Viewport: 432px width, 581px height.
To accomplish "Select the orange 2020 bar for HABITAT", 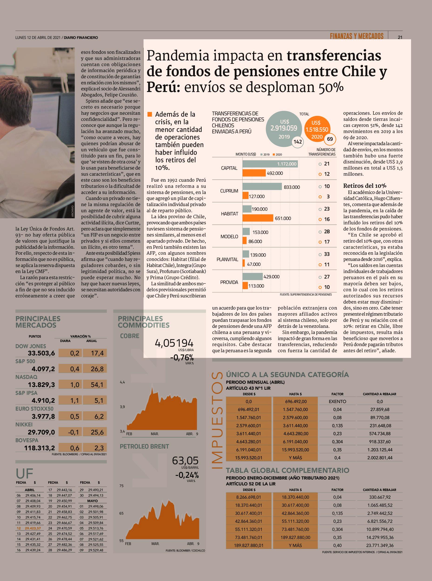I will click(258, 218).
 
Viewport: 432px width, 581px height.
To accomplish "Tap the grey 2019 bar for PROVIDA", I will click(252, 276).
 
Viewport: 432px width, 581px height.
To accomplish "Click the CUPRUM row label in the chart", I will click(229, 191).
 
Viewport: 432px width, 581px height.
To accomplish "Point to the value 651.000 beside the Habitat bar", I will click(283, 218).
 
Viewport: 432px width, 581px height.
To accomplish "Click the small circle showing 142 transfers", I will click(298, 142).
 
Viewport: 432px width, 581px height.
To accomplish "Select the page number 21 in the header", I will click(400, 37).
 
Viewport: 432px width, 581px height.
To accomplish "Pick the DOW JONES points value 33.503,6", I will click(41, 353).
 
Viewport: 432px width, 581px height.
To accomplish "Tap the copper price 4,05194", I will click(174, 343).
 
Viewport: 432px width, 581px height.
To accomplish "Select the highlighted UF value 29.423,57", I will click(33, 528).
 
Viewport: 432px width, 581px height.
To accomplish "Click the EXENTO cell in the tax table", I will click(337, 402).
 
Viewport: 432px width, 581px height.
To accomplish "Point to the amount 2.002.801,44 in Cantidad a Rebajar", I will click(380, 458).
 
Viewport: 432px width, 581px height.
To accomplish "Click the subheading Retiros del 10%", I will click(365, 186).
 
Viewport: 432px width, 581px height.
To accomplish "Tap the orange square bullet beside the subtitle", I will click(150, 114).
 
